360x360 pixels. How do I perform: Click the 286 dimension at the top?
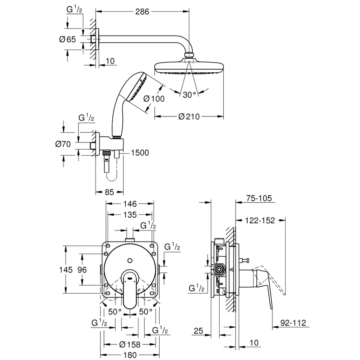click(x=142, y=12)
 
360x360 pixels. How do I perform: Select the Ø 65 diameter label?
click(x=68, y=39)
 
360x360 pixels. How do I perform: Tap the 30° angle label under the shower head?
click(x=189, y=94)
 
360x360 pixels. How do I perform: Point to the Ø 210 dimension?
click(x=189, y=116)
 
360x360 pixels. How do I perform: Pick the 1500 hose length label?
click(x=139, y=152)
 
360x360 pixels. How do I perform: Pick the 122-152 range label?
click(x=260, y=220)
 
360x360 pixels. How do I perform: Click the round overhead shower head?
click(x=188, y=68)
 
